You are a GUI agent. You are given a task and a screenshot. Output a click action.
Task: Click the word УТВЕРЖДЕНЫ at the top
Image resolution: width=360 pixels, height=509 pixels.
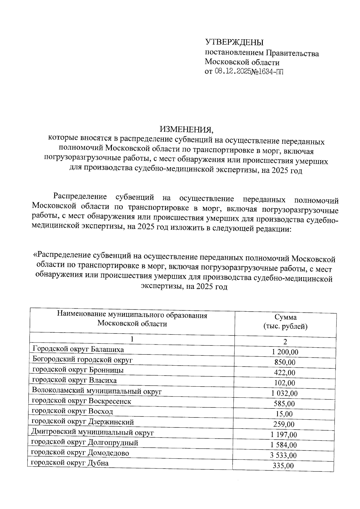234,42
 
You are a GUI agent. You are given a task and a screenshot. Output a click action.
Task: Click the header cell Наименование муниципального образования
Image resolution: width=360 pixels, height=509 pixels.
132,316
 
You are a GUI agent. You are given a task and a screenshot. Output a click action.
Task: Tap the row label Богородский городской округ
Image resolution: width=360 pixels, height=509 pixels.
82,359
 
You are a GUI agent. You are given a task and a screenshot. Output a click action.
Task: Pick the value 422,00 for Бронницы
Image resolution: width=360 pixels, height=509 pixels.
284,373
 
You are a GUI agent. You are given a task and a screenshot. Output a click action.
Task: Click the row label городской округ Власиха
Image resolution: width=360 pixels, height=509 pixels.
74,380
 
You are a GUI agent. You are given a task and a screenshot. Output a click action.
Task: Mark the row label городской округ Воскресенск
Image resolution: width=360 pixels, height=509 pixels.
81,401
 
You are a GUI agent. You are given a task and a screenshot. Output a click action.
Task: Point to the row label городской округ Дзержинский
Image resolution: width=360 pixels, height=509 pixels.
82,422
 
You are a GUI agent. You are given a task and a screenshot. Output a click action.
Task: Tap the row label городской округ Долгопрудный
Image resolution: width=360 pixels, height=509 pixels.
85,442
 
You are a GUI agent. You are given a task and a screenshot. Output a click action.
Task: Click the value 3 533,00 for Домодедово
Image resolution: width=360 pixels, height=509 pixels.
283,456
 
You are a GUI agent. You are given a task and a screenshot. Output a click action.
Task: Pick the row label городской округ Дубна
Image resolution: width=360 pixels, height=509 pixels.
70,463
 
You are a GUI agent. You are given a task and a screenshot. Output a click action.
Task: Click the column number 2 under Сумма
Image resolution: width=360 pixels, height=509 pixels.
285,342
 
